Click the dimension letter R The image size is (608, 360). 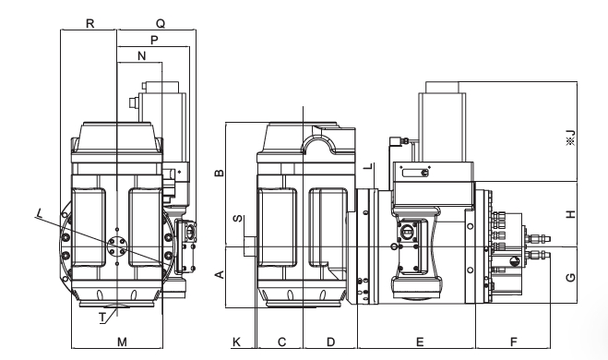(x=89, y=24)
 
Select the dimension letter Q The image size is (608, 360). (x=161, y=24)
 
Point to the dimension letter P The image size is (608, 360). (x=154, y=40)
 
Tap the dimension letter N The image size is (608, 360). (x=142, y=56)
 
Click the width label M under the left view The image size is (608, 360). (x=122, y=342)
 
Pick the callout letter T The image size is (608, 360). (x=102, y=318)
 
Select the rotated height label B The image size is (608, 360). (x=219, y=173)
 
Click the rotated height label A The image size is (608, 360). (x=220, y=275)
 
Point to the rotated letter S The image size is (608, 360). (x=238, y=219)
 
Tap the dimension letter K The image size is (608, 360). (x=236, y=342)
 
